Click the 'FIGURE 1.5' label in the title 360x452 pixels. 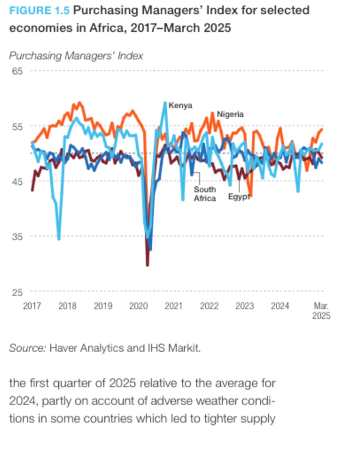point(39,11)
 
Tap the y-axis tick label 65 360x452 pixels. point(17,71)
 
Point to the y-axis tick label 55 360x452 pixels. point(17,126)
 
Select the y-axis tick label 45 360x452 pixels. point(17,181)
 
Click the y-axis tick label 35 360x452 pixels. point(17,237)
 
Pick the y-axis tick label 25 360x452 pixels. point(17,292)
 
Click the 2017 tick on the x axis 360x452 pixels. point(32,306)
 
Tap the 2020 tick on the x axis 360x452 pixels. point(139,306)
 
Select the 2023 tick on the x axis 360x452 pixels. point(244,306)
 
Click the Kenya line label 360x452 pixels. point(180,106)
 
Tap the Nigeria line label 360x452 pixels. point(230,114)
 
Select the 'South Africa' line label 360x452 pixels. point(205,194)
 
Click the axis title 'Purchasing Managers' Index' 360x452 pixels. point(76,56)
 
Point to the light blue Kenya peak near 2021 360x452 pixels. point(165,103)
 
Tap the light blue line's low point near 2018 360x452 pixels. point(59,239)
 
